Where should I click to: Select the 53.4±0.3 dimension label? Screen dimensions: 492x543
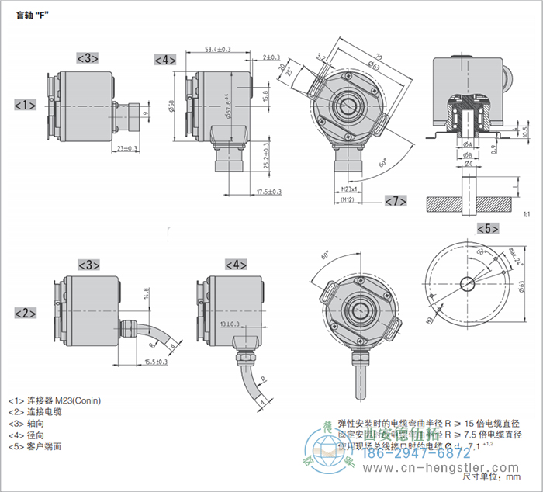pos(218,50)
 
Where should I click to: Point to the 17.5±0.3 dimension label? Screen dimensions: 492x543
pos(268,192)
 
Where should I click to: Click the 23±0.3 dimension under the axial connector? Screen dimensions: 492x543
pos(126,147)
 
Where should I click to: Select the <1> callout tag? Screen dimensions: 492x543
pos(26,104)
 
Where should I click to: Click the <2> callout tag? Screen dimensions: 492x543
pos(26,313)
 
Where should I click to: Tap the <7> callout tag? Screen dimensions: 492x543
pos(396,202)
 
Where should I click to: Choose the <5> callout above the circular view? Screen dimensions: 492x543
pos(486,228)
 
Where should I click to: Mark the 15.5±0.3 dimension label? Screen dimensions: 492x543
pos(157,362)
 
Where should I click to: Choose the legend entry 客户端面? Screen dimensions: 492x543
pos(48,446)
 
